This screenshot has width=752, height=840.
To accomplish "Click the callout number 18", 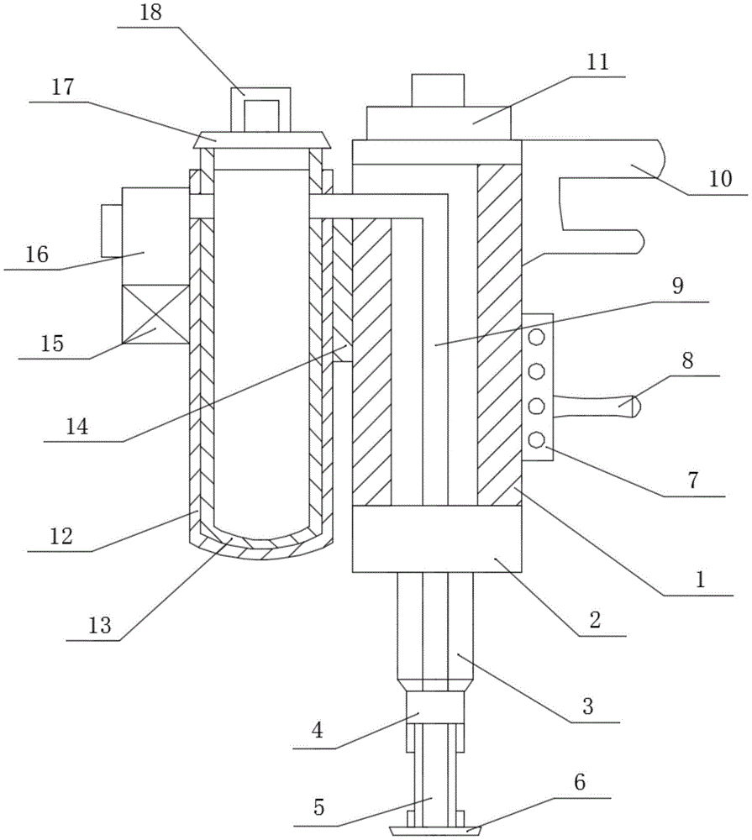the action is coord(150,13).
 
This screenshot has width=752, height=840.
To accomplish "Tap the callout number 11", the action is coord(597,62).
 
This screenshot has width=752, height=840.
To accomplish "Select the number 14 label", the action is coord(77,427).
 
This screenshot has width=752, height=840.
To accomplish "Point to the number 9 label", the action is coord(678,286).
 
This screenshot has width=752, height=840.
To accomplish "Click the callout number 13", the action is coord(100,625).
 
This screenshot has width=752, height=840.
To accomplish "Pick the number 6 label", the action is coord(580,782).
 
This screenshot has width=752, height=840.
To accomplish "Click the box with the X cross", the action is coord(155,314).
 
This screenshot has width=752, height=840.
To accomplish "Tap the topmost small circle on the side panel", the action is coord(537,338).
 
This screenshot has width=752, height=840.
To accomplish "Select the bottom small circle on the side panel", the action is coord(537,440).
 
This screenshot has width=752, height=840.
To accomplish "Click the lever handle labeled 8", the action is coord(596,406).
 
